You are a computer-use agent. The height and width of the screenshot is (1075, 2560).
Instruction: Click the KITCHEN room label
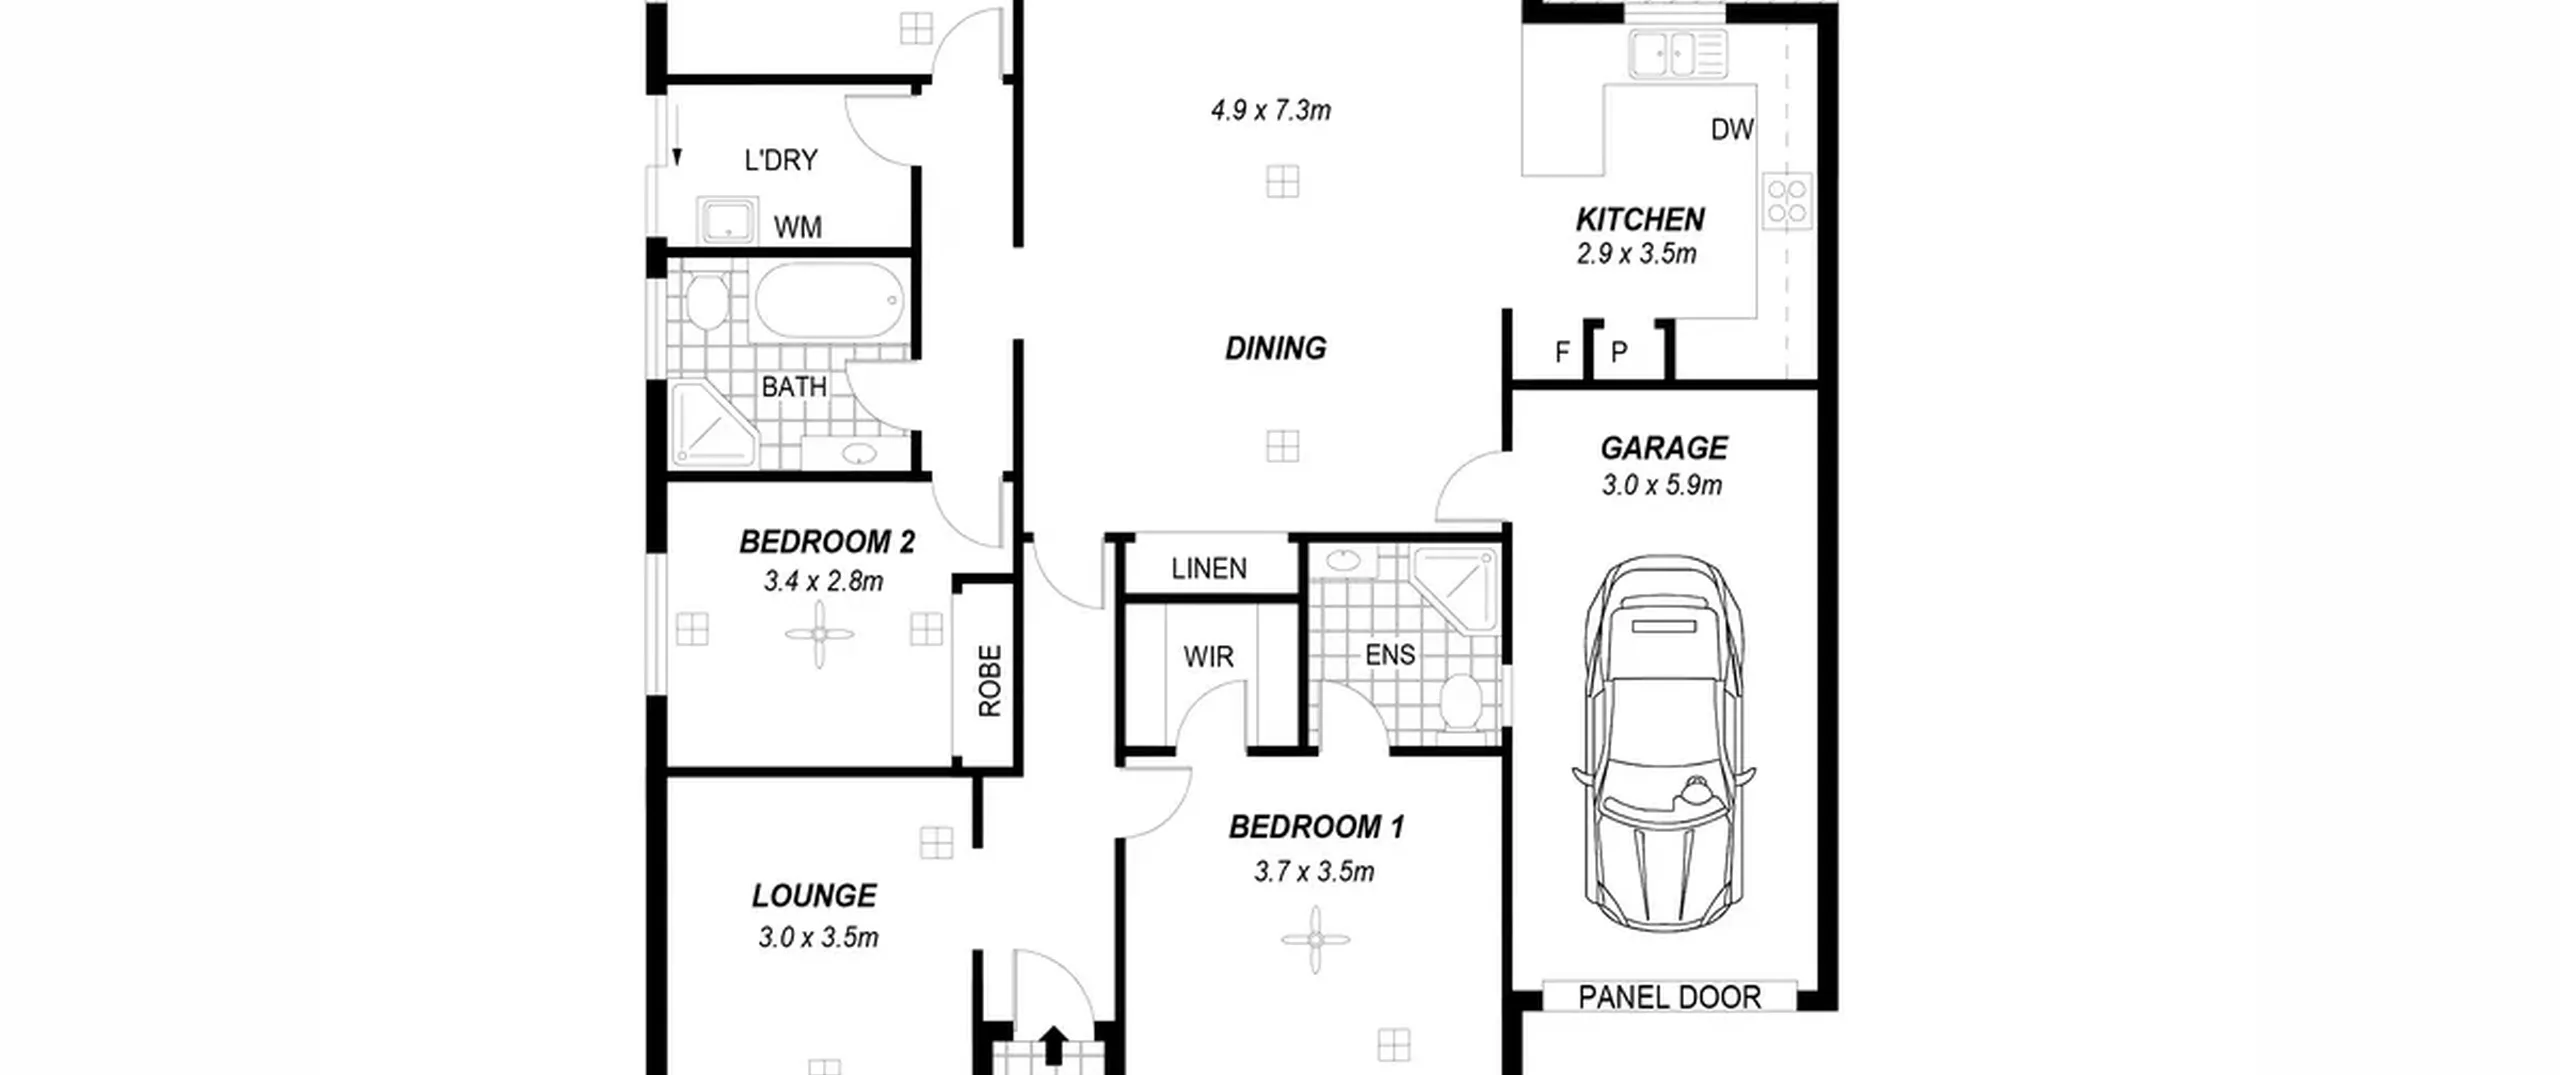1640,219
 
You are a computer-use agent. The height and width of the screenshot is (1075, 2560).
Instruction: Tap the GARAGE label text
1664,448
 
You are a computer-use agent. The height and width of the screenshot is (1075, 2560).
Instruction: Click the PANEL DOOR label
1669,997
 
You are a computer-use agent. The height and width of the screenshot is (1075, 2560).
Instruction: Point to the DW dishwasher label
1732,129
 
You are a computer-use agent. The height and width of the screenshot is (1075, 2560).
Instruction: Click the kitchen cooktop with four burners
1787,201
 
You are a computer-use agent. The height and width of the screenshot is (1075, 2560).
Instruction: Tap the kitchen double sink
1677,54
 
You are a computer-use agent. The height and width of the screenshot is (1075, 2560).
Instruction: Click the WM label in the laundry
798,228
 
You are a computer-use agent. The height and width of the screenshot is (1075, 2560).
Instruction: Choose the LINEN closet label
1209,569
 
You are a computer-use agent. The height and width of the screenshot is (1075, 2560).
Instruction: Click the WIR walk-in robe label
1208,657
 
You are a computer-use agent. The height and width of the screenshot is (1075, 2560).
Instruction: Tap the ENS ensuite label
1390,655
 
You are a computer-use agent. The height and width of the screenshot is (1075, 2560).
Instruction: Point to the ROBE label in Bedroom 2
989,681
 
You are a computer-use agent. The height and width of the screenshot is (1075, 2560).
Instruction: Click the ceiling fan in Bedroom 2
819,634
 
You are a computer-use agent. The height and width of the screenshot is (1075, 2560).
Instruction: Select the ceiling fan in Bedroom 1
1315,940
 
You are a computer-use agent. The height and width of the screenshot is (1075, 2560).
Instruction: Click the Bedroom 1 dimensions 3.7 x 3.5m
1314,872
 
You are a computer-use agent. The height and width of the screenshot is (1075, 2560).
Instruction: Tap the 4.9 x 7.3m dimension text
1270,110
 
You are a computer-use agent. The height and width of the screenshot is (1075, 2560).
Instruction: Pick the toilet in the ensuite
1461,702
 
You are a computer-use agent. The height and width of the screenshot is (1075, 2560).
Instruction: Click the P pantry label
1619,352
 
